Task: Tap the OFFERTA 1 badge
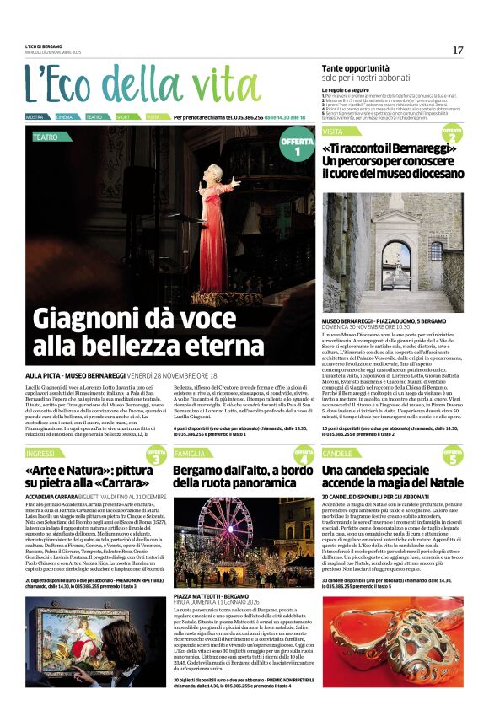[x=297, y=147]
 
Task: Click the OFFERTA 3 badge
[x=157, y=455]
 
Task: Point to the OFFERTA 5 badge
[x=452, y=456]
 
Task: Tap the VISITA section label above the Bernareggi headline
[x=333, y=132]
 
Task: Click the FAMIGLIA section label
[x=189, y=454]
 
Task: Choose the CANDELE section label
[x=337, y=454]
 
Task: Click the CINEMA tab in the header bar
[x=65, y=117]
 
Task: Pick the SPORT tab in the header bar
[x=123, y=117]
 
